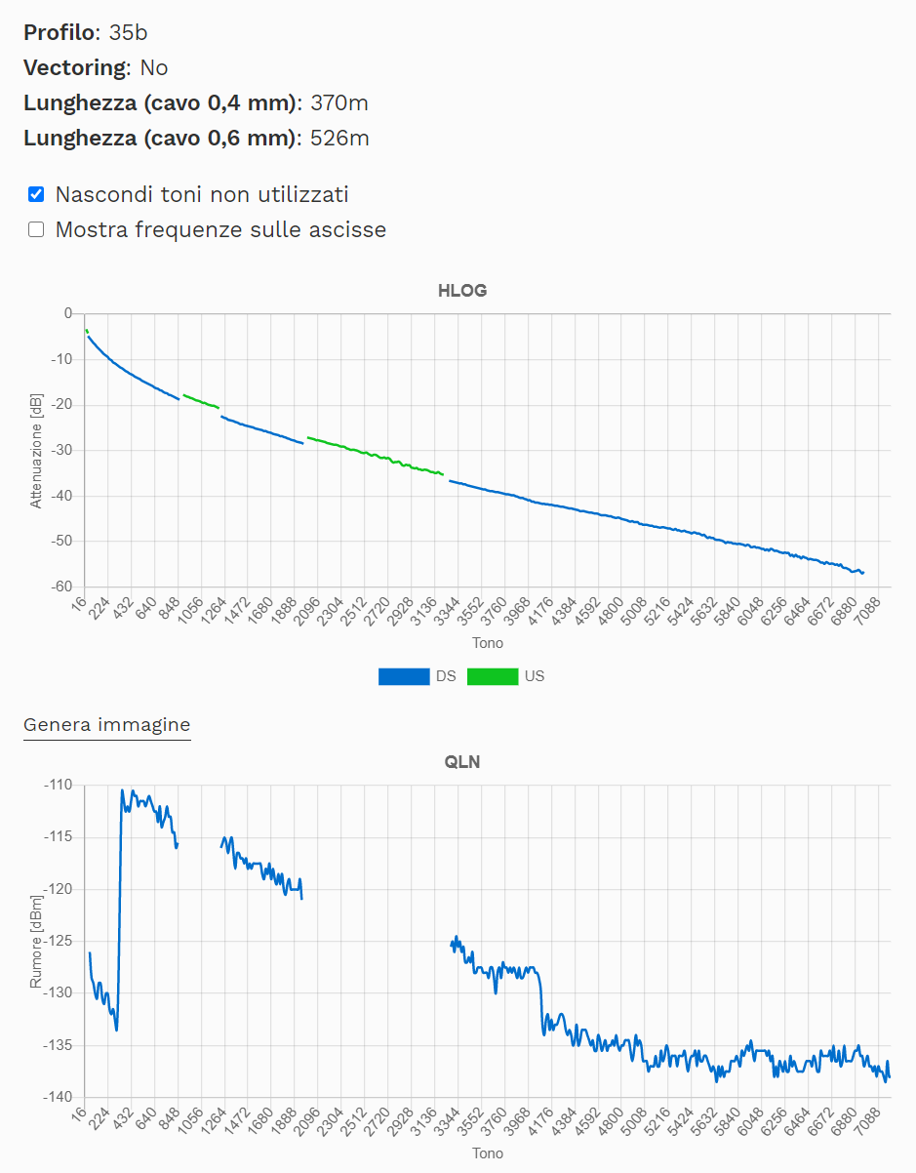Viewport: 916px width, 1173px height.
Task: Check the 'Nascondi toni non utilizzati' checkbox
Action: click(x=36, y=194)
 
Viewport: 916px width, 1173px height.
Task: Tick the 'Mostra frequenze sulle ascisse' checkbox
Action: click(x=36, y=230)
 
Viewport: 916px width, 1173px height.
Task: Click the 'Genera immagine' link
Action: click(x=107, y=725)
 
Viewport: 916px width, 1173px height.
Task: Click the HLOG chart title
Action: click(x=461, y=291)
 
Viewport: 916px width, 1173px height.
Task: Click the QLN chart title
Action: click(x=461, y=762)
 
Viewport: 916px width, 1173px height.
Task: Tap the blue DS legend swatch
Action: click(x=404, y=676)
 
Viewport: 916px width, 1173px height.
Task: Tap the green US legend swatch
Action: click(x=493, y=676)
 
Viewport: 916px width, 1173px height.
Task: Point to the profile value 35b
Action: click(x=128, y=32)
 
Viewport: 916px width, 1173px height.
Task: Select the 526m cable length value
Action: click(x=339, y=138)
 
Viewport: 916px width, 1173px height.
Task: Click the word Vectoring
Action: click(x=74, y=67)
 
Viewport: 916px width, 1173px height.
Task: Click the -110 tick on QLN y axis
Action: click(x=58, y=785)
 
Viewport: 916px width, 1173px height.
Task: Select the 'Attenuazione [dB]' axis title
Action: click(x=36, y=450)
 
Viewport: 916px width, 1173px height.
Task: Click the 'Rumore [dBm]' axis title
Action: click(x=36, y=941)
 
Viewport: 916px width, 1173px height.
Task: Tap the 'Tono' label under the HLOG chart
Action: click(x=488, y=643)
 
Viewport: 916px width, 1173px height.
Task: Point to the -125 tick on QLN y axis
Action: click(x=58, y=941)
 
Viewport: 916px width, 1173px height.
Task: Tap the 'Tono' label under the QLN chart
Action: click(x=488, y=1153)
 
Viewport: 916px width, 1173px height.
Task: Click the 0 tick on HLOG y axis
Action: click(x=67, y=313)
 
